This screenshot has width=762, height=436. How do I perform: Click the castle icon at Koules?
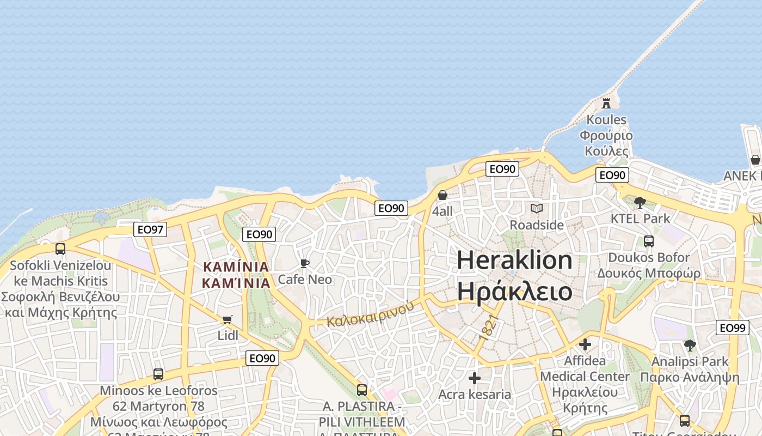pos(606,102)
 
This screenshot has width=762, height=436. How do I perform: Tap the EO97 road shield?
pos(150,229)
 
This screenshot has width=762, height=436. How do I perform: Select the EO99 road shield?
pos(732,328)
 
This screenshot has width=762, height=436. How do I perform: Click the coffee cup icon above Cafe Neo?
pos(305,264)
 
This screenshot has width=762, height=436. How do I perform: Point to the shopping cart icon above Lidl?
pos(228,320)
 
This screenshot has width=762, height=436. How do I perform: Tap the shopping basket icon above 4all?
pos(443,195)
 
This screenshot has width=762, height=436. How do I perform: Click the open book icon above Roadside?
pos(537,208)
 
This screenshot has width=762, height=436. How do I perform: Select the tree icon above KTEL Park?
pos(641,203)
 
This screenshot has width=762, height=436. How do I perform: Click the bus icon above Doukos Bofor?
pos(649,241)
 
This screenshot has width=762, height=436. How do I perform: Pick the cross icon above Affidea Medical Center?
pos(585,344)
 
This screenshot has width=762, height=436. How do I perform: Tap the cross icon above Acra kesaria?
pos(475,378)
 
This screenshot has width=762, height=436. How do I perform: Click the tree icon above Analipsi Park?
pos(690,345)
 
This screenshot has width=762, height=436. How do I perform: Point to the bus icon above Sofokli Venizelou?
pos(60,249)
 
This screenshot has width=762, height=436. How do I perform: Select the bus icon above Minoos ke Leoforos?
pos(158,374)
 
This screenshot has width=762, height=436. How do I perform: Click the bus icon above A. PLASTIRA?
pos(362,390)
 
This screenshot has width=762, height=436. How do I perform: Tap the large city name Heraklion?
pos(514,260)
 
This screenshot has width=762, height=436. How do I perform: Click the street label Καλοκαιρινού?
pos(370,314)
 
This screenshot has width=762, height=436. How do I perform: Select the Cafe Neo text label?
pos(305,279)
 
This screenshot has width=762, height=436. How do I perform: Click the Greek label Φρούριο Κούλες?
pos(606,143)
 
